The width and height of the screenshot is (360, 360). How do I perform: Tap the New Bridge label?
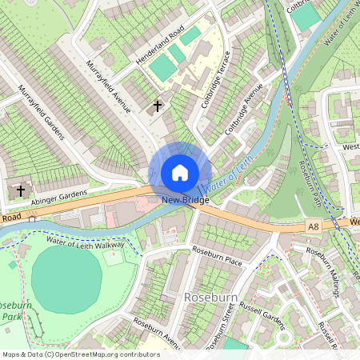point(185,200)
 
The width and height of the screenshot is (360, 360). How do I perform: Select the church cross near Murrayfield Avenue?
point(158,105)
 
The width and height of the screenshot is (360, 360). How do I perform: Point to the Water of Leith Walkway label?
point(85,242)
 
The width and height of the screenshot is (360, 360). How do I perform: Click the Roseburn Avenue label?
point(156,334)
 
